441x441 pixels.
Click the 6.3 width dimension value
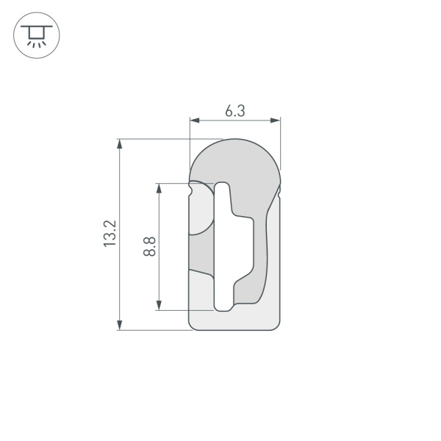tap(234, 111)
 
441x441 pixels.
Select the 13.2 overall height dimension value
tap(110, 234)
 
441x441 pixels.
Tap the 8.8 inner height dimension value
tap(149, 245)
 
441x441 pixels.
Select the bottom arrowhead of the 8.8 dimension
tap(158, 305)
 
